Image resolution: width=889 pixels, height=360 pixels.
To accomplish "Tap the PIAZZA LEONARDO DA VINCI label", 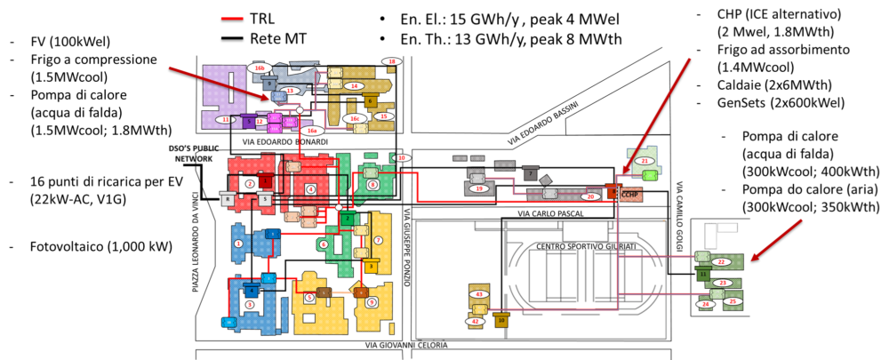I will click(197, 266).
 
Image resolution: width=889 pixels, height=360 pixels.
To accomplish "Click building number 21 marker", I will click(646, 160).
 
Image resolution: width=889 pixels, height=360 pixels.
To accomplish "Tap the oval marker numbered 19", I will click(479, 188).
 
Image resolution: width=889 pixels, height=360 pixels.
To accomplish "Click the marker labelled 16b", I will click(260, 68).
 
